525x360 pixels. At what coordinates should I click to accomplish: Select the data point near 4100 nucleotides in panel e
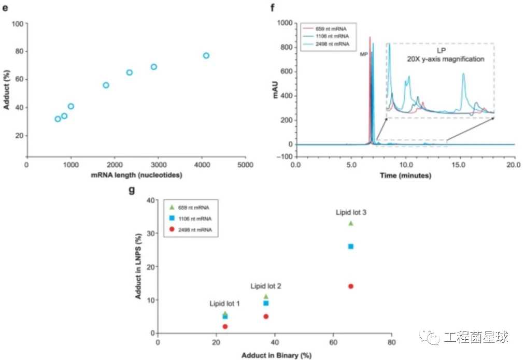[206, 55]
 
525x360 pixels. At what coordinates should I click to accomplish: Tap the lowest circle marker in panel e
[58, 119]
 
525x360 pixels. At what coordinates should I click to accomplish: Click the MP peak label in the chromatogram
[364, 52]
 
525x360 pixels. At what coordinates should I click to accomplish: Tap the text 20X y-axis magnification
[445, 59]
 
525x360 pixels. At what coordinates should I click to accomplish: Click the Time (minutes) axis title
[405, 175]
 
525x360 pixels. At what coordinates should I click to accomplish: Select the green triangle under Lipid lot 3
[351, 223]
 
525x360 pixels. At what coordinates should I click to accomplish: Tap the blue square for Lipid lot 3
[351, 246]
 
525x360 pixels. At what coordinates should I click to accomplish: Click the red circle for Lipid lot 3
[351, 286]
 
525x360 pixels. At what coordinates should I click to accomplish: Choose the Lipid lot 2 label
[266, 286]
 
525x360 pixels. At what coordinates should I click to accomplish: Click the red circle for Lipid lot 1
[225, 326]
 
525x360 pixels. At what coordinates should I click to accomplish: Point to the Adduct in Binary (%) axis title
[276, 355]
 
